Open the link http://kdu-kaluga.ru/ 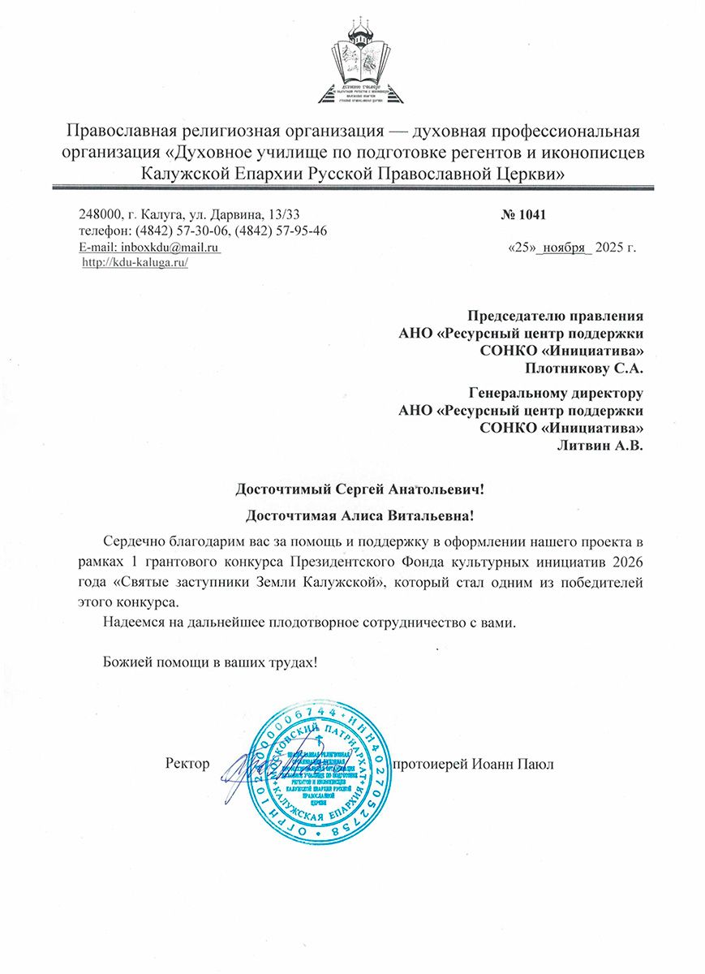coord(135,263)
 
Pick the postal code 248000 coord(100,215)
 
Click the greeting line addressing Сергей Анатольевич coord(359,489)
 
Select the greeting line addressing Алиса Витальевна coord(359,515)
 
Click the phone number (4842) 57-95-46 coord(281,231)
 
